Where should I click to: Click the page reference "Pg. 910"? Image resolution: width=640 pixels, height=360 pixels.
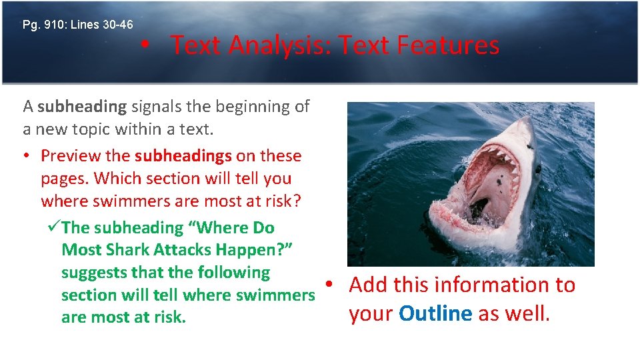click(42, 25)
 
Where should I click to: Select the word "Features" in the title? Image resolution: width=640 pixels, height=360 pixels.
click(448, 45)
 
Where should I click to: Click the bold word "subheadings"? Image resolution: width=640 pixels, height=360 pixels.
click(183, 156)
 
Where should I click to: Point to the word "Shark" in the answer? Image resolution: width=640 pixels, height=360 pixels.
click(130, 250)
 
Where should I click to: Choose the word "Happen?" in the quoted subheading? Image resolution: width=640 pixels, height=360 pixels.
click(255, 250)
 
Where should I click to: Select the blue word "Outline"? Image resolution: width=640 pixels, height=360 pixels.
click(436, 314)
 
